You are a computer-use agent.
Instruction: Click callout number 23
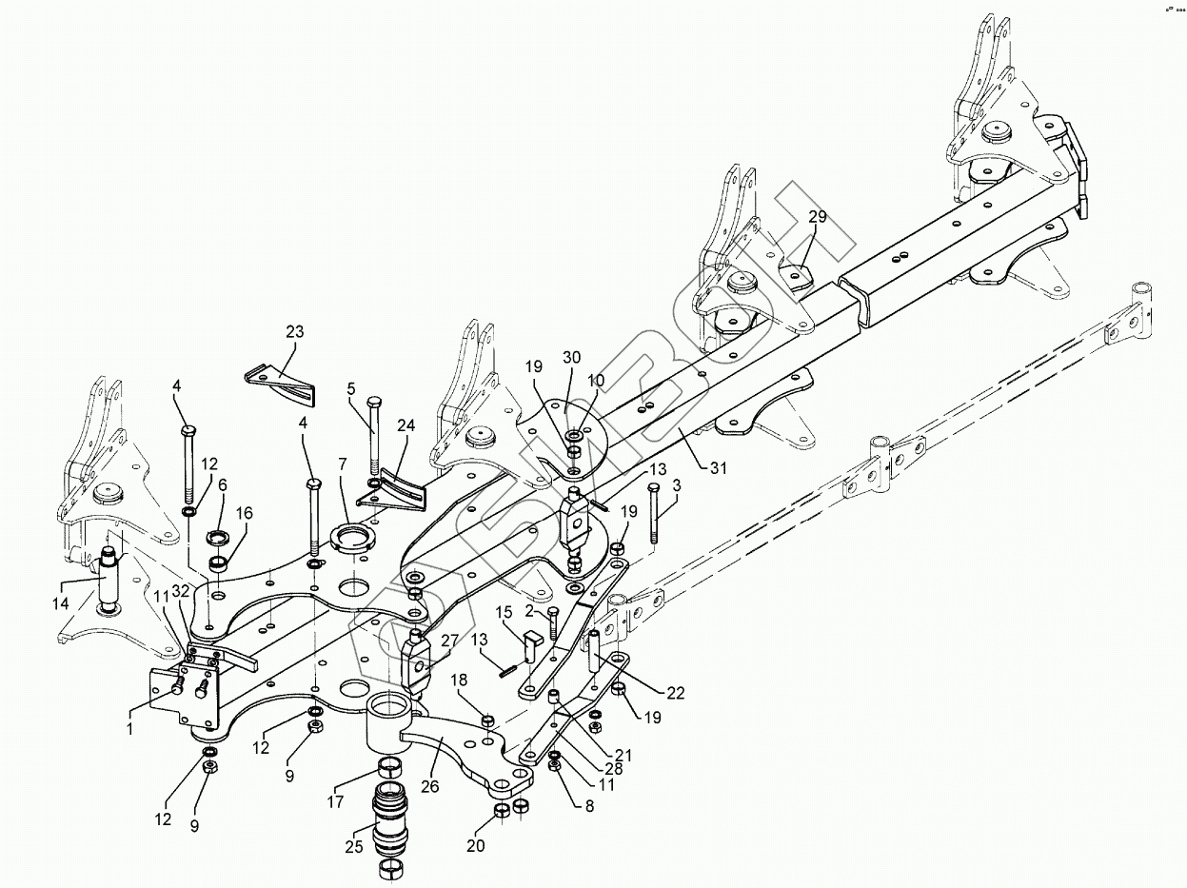(x=295, y=332)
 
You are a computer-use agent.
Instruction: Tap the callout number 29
(x=818, y=216)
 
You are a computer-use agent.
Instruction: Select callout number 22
(x=675, y=693)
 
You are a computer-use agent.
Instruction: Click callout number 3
(x=677, y=485)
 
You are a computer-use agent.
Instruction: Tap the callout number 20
(x=476, y=845)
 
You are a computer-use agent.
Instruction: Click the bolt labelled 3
(x=654, y=514)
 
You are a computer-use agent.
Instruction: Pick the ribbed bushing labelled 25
(x=392, y=821)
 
